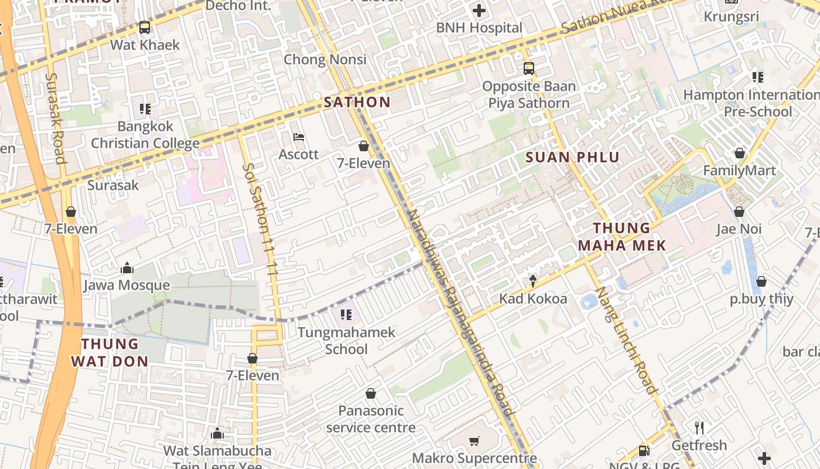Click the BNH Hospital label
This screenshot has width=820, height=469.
point(479,28)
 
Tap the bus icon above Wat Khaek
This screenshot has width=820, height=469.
point(145,27)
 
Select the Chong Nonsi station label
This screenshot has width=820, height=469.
point(325,59)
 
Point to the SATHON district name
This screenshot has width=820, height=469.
point(357,102)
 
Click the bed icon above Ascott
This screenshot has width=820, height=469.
point(299,138)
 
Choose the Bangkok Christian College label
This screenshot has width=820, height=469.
point(145,135)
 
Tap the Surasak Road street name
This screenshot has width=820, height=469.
point(54,118)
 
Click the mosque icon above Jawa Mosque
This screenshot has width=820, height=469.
point(127,269)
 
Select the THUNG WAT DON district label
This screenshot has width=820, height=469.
point(110,352)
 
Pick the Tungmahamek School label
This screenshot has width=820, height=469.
point(346,341)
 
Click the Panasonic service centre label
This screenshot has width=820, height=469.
point(371,419)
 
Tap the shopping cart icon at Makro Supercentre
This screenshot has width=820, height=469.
point(474,440)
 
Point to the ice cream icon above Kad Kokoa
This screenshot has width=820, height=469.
point(533,281)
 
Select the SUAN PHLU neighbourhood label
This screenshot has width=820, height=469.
point(572,157)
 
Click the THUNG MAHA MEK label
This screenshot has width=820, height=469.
point(622,237)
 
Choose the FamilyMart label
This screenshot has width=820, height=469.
point(739,171)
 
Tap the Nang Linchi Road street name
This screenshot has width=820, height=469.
point(626,340)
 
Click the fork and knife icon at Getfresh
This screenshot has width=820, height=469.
point(699,427)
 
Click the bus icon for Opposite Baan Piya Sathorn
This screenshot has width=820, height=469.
point(529,69)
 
